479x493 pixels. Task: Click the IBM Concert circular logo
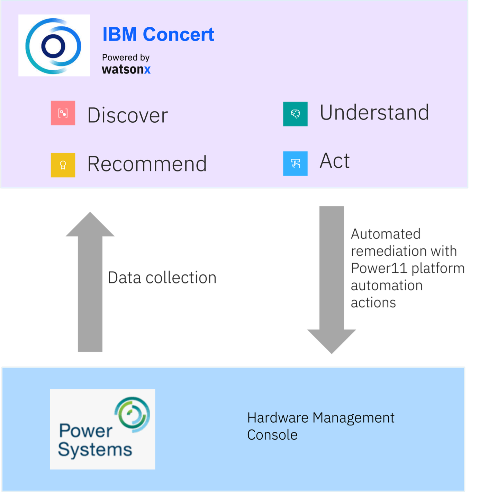(54, 46)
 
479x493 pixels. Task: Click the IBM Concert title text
(158, 35)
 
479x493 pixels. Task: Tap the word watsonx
(126, 69)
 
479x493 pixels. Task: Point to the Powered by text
(126, 57)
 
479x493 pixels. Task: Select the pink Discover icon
(63, 113)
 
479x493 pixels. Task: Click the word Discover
(127, 115)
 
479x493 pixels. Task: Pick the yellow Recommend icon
(63, 165)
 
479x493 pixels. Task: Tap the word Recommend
(147, 164)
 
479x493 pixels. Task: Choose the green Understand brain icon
(295, 114)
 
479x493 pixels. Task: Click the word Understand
(374, 113)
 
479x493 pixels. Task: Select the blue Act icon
(295, 164)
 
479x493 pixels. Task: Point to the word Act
(334, 161)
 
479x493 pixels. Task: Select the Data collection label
(162, 278)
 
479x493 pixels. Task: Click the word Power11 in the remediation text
(379, 268)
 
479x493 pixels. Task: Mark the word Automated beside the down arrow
(386, 234)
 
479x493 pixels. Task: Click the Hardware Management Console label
(320, 426)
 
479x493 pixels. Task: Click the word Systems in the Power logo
(95, 450)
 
